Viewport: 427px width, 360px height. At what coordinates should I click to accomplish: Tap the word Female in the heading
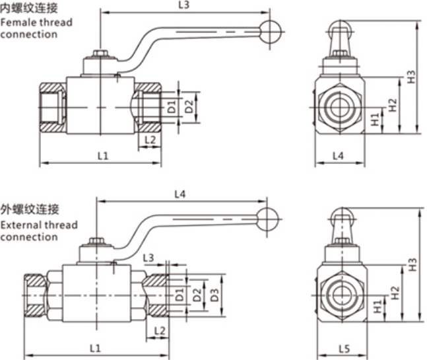[16, 22]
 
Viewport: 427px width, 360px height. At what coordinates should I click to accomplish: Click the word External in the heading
[20, 225]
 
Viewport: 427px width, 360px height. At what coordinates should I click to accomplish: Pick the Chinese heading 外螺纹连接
[30, 211]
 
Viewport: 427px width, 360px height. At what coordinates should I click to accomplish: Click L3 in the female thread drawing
[185, 5]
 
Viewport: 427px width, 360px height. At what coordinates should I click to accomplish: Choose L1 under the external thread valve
[95, 347]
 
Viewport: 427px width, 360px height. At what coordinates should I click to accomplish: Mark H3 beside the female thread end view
[411, 77]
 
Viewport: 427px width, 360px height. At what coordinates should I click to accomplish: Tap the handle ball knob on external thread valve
[267, 219]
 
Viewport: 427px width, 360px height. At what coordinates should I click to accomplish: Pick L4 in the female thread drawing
[338, 156]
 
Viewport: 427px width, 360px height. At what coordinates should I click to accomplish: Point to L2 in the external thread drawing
[158, 330]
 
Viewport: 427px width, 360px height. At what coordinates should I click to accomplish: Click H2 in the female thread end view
[393, 104]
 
